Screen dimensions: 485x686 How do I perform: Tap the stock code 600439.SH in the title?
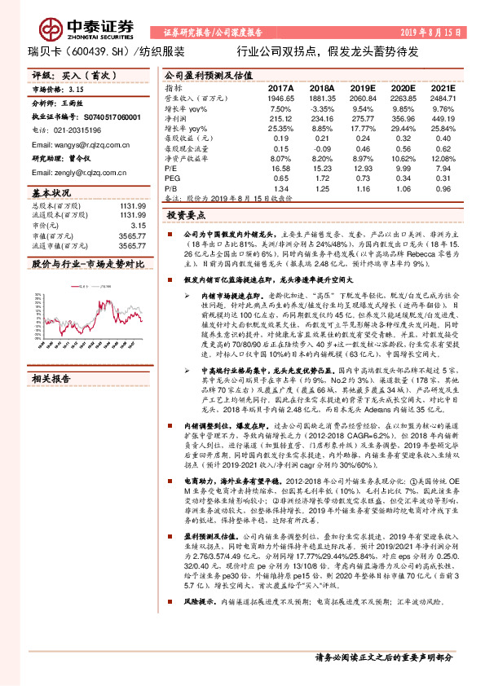click(x=88, y=51)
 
